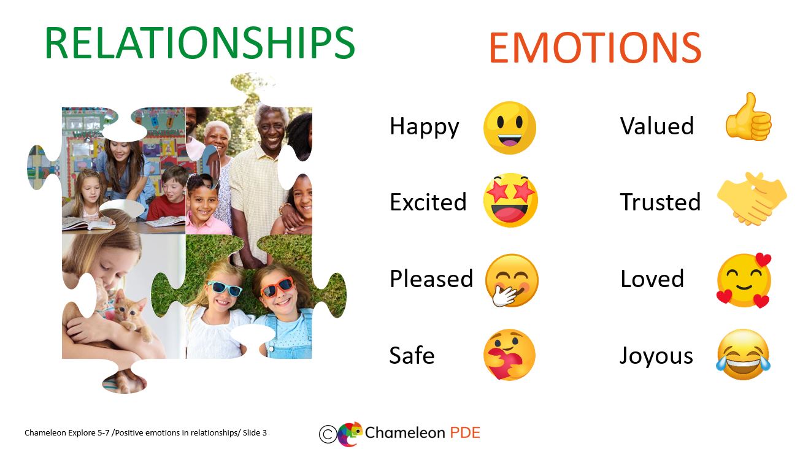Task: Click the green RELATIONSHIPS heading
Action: tap(199, 43)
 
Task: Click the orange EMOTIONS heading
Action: tap(595, 48)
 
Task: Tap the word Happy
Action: tap(425, 127)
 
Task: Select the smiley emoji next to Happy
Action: tap(510, 128)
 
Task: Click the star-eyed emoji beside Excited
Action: tap(510, 201)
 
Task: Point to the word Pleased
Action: tap(431, 278)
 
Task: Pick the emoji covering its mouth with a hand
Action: tap(512, 280)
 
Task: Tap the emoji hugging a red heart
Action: tap(509, 355)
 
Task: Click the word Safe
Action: tap(412, 355)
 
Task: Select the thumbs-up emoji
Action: tap(748, 117)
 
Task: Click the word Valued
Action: tap(657, 126)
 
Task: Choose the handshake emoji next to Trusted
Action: tap(752, 199)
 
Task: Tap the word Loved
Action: tap(652, 278)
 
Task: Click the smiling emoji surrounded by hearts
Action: tap(744, 281)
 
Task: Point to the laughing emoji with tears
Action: tap(743, 355)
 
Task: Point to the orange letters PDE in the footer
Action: tap(465, 432)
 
